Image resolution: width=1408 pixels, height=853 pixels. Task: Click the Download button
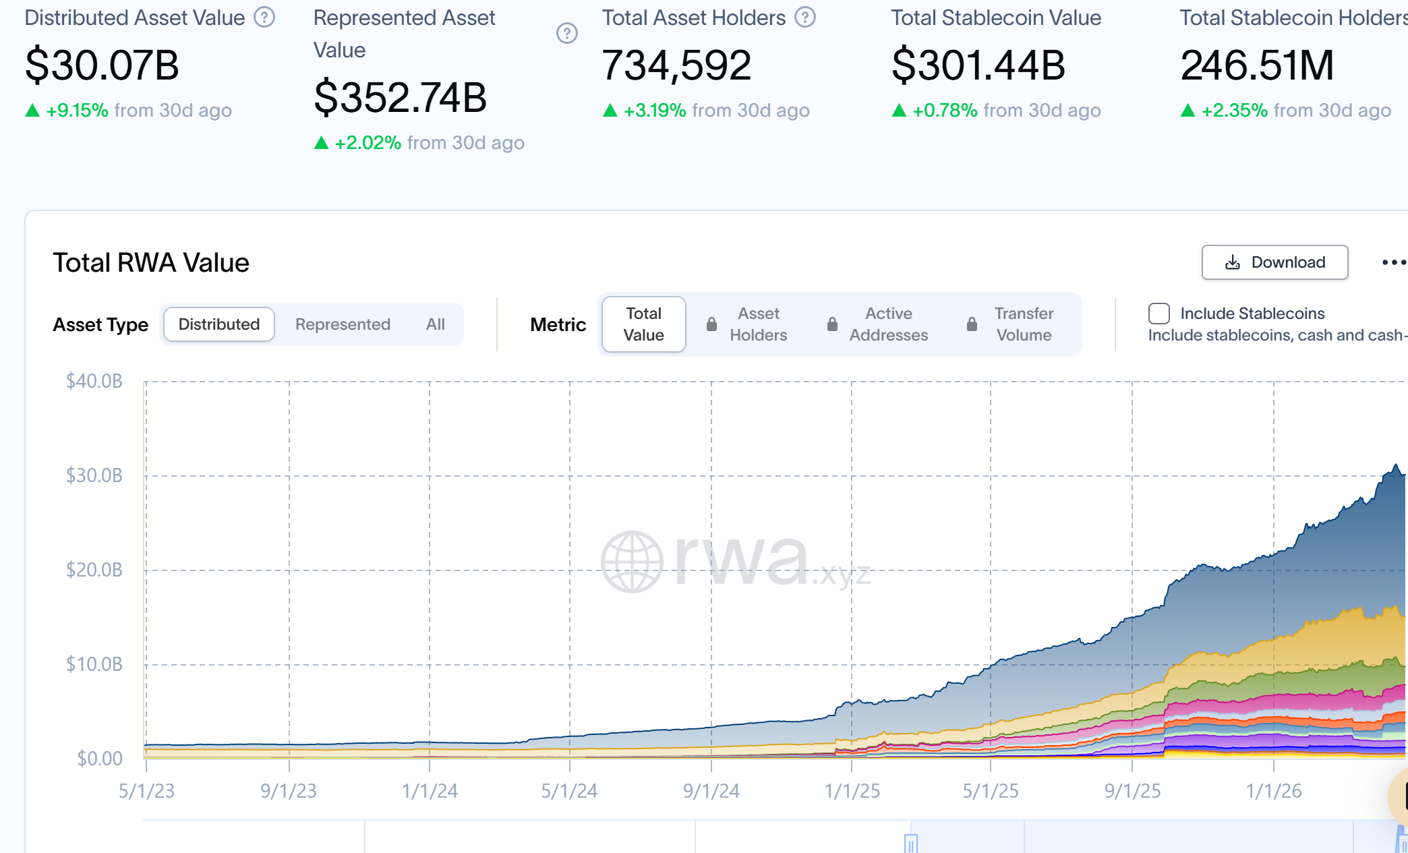pyautogui.click(x=1274, y=262)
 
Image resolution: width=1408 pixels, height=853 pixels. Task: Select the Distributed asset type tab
pyautogui.click(x=219, y=324)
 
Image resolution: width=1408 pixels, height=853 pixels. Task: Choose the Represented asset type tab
pyautogui.click(x=343, y=324)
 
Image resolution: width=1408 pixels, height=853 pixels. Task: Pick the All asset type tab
pyautogui.click(x=435, y=324)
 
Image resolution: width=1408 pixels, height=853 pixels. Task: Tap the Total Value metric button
pyautogui.click(x=643, y=324)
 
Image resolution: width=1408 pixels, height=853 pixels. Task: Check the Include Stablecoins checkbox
pyautogui.click(x=1158, y=314)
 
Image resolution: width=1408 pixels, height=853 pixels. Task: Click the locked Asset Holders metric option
pyautogui.click(x=757, y=324)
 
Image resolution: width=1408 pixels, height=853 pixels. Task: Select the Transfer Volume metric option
pyautogui.click(x=1023, y=324)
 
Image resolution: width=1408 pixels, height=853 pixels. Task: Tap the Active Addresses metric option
pyautogui.click(x=888, y=324)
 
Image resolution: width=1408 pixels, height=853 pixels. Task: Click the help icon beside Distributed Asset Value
pyautogui.click(x=264, y=18)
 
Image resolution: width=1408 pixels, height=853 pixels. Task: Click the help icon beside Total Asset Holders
pyautogui.click(x=804, y=18)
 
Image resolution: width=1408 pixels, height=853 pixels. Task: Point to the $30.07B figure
pyautogui.click(x=102, y=65)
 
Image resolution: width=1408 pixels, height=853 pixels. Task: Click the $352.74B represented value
pyautogui.click(x=400, y=97)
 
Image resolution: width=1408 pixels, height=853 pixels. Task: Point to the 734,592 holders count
pyautogui.click(x=676, y=65)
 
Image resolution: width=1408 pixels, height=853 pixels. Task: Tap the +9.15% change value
pyautogui.click(x=77, y=111)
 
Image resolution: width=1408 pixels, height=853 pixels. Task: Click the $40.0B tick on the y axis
pyautogui.click(x=94, y=381)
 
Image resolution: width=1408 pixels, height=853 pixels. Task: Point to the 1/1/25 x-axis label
pyautogui.click(x=852, y=791)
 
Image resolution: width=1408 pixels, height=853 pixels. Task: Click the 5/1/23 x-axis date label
pyautogui.click(x=146, y=791)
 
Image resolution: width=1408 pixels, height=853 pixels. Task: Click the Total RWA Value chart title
pyautogui.click(x=151, y=263)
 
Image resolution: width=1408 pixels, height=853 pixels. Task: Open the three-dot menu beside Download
pyautogui.click(x=1393, y=262)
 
